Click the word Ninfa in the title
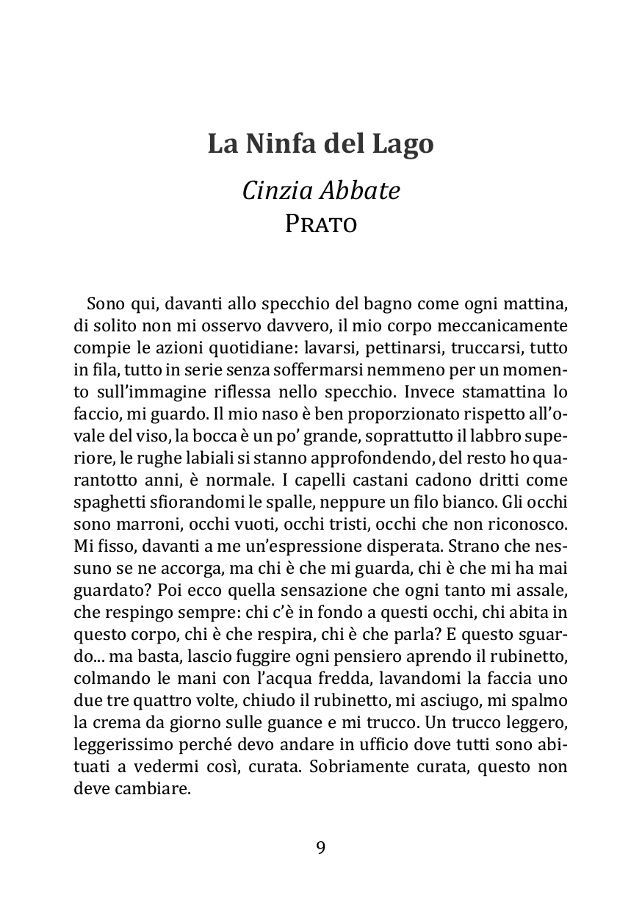pos(278,143)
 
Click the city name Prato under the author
pos(321,223)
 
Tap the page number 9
pos(321,848)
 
